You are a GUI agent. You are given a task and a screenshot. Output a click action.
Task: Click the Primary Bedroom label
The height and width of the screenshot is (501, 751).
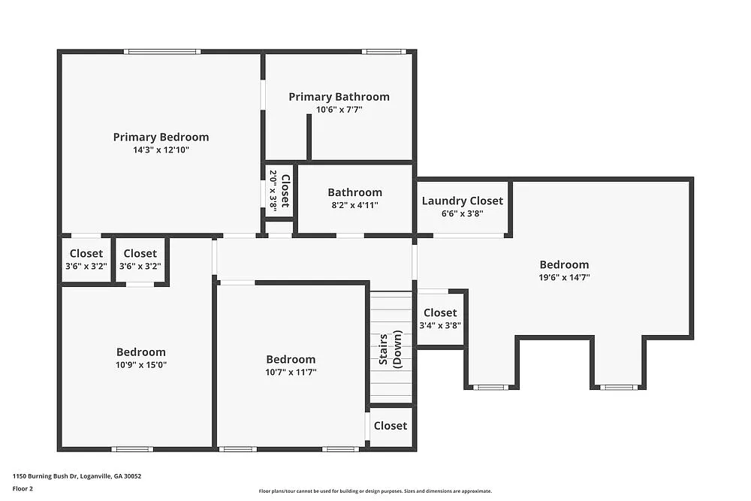(x=161, y=137)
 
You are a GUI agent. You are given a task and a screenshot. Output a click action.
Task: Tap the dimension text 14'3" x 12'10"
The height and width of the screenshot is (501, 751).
(x=161, y=150)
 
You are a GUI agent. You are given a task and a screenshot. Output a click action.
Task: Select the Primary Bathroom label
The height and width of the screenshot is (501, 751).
(x=339, y=96)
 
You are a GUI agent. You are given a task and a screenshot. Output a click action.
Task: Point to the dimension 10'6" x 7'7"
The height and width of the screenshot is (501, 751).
(x=339, y=110)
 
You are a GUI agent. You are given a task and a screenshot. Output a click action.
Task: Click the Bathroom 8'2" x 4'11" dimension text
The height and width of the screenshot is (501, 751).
(x=354, y=205)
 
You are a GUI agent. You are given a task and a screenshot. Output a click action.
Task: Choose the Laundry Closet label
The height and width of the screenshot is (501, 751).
(x=462, y=201)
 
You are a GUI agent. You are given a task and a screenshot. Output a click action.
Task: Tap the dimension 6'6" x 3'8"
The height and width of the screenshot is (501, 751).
(x=462, y=213)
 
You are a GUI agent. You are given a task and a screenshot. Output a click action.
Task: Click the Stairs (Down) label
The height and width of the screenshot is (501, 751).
(x=390, y=349)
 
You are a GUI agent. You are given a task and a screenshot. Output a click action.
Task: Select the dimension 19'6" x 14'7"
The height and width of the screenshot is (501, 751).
(x=564, y=277)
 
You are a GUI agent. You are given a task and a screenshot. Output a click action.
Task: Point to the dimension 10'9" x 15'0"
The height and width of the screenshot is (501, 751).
(x=140, y=365)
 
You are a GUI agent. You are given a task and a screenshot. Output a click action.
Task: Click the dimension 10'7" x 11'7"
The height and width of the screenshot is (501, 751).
(x=291, y=372)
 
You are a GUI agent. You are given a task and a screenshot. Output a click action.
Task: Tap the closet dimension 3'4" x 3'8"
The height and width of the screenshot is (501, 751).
(x=440, y=325)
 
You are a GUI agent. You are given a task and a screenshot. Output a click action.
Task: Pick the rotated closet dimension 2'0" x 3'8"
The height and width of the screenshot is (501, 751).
(x=273, y=190)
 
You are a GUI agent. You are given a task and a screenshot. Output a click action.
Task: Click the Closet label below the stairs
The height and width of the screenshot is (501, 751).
(x=391, y=426)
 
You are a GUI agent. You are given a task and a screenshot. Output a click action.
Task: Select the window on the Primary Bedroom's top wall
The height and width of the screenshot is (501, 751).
(x=162, y=52)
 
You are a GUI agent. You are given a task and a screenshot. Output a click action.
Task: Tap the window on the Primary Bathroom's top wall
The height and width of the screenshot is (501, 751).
(x=384, y=52)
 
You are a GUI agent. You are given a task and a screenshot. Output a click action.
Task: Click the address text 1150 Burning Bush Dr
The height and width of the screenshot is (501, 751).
(x=56, y=475)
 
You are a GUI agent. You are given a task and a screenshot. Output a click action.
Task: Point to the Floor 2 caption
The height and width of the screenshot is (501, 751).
(x=23, y=488)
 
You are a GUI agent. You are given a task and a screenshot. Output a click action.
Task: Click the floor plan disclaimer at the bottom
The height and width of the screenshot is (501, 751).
(x=375, y=491)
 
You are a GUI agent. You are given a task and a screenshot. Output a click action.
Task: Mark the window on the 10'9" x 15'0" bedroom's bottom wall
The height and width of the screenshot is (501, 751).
(x=132, y=449)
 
